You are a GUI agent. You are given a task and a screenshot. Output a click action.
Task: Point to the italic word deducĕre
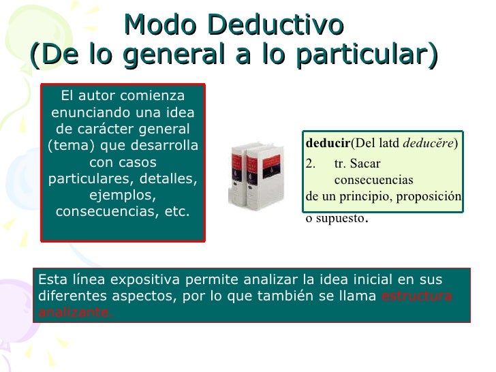click(433, 144)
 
